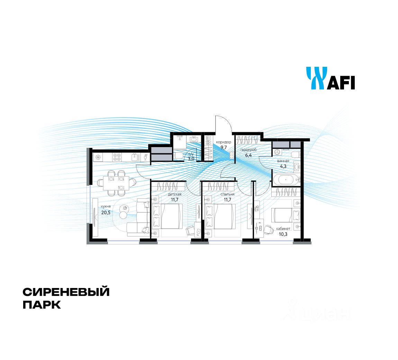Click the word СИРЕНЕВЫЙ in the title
pos(66,292)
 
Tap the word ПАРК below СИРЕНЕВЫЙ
pos(42,305)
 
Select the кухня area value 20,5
pos(106,213)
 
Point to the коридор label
pos(224,142)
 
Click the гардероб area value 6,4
pos(248,155)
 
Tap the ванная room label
pos(283,161)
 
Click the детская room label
pos(176,194)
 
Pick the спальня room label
pos(227,194)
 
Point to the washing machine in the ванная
pos(277,152)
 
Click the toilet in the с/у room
pos(178,156)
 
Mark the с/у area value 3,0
pos(191,159)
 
